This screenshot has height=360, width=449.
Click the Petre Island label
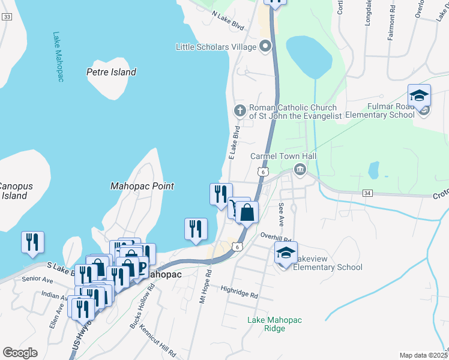(x=111, y=72)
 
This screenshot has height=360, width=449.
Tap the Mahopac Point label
(x=142, y=186)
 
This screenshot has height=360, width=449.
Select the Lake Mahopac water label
(x=58, y=57)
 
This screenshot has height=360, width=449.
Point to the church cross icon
(x=239, y=110)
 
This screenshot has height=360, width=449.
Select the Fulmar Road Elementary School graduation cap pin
(x=419, y=95)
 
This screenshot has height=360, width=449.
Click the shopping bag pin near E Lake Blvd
(x=247, y=212)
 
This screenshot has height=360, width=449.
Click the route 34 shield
(x=367, y=193)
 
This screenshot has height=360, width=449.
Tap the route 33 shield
(x=7, y=17)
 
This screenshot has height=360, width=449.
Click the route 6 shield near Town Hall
(x=264, y=172)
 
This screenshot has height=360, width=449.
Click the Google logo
(x=20, y=352)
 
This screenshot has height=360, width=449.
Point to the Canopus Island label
(x=13, y=191)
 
